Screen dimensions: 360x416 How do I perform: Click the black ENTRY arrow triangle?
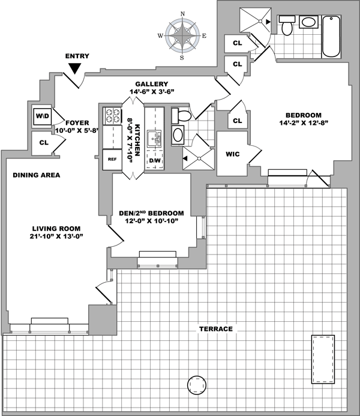coord(75,68)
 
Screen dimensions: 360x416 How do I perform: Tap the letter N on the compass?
coord(182,14)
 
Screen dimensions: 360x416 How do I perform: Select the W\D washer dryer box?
coord(43,116)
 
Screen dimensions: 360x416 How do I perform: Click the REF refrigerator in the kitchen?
coord(112,160)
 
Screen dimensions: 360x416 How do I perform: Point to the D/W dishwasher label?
coord(155,160)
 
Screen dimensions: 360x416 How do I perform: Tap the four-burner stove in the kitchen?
coord(112,116)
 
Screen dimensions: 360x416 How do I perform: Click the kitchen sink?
coord(154,139)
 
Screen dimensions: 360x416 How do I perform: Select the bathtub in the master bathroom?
coord(331,37)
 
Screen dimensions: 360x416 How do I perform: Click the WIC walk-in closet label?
coord(232,154)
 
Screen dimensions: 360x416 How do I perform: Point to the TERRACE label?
coord(216,329)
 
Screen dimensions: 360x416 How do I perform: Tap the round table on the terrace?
coord(197,385)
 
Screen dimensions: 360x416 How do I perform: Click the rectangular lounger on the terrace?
coord(323,359)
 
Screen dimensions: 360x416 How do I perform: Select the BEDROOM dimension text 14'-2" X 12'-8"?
coord(304,123)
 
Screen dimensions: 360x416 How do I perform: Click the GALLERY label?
coord(152,84)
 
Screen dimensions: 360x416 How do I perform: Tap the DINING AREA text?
coord(37,175)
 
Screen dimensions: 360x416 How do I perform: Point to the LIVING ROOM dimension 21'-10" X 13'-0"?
coord(56,236)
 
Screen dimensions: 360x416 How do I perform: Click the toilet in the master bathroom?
coord(287,25)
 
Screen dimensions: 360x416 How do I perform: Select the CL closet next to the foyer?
coord(44,143)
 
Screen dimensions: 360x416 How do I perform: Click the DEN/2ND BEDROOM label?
coord(151,213)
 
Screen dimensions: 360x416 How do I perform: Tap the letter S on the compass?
coord(182,58)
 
